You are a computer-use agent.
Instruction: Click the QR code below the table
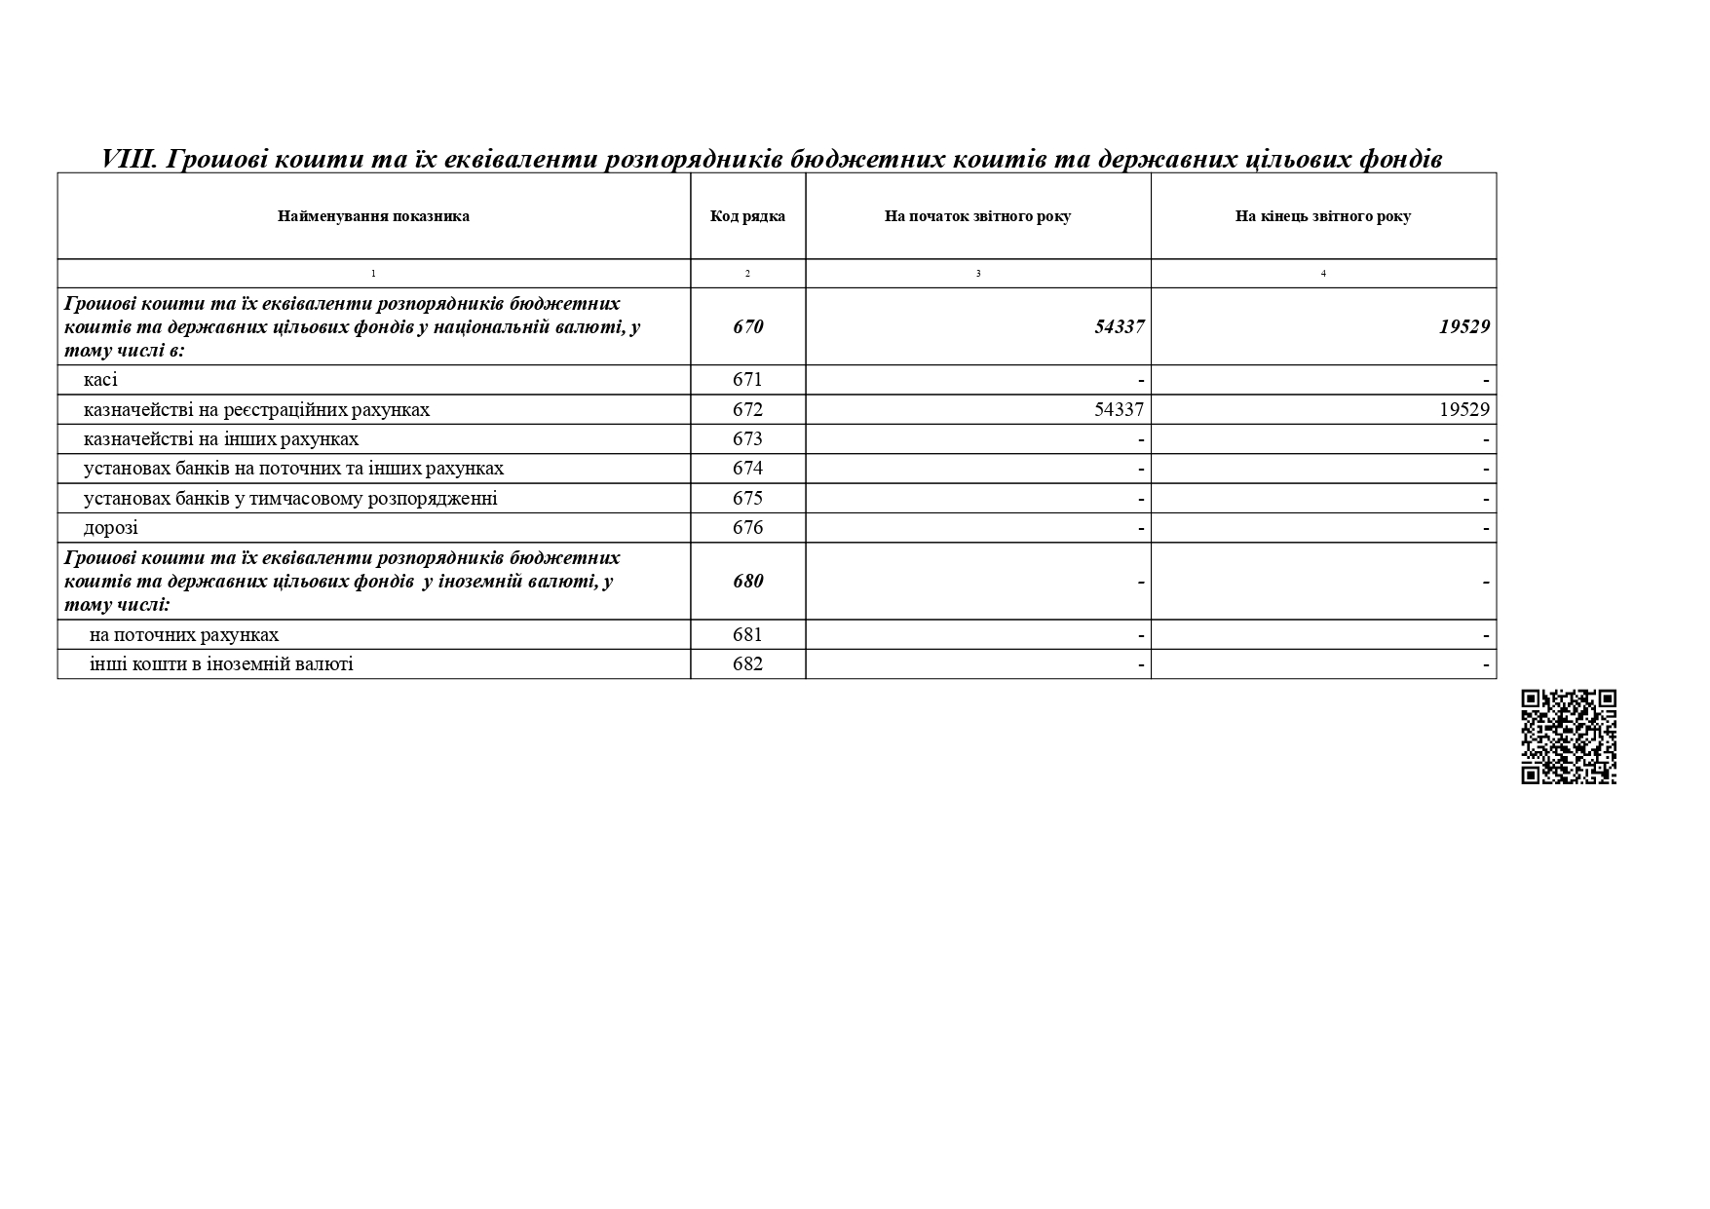coord(1568,737)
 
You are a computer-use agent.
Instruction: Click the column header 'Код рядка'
coord(747,216)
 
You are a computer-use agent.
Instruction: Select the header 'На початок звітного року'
coord(977,216)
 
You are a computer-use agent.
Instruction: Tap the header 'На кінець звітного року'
coord(1322,216)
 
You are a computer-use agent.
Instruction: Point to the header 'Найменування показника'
coord(373,216)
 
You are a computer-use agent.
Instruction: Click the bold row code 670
coord(747,326)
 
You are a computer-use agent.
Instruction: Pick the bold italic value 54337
coord(1119,326)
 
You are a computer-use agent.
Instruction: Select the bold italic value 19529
coord(1463,326)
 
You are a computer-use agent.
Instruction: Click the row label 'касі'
coord(100,380)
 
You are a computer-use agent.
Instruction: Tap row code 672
coord(747,409)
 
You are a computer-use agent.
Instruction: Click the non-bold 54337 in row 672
coord(1119,409)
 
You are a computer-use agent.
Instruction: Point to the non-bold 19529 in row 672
coord(1463,409)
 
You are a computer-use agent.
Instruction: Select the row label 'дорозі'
coord(111,528)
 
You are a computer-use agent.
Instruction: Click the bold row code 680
coord(747,582)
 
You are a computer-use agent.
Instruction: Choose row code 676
coord(747,528)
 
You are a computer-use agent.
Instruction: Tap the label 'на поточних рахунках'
coord(184,635)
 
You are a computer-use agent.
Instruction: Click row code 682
coord(747,664)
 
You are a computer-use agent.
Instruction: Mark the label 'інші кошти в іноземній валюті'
coord(221,664)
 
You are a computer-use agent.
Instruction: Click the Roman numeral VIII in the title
coord(130,159)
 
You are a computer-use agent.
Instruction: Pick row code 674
coord(747,469)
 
